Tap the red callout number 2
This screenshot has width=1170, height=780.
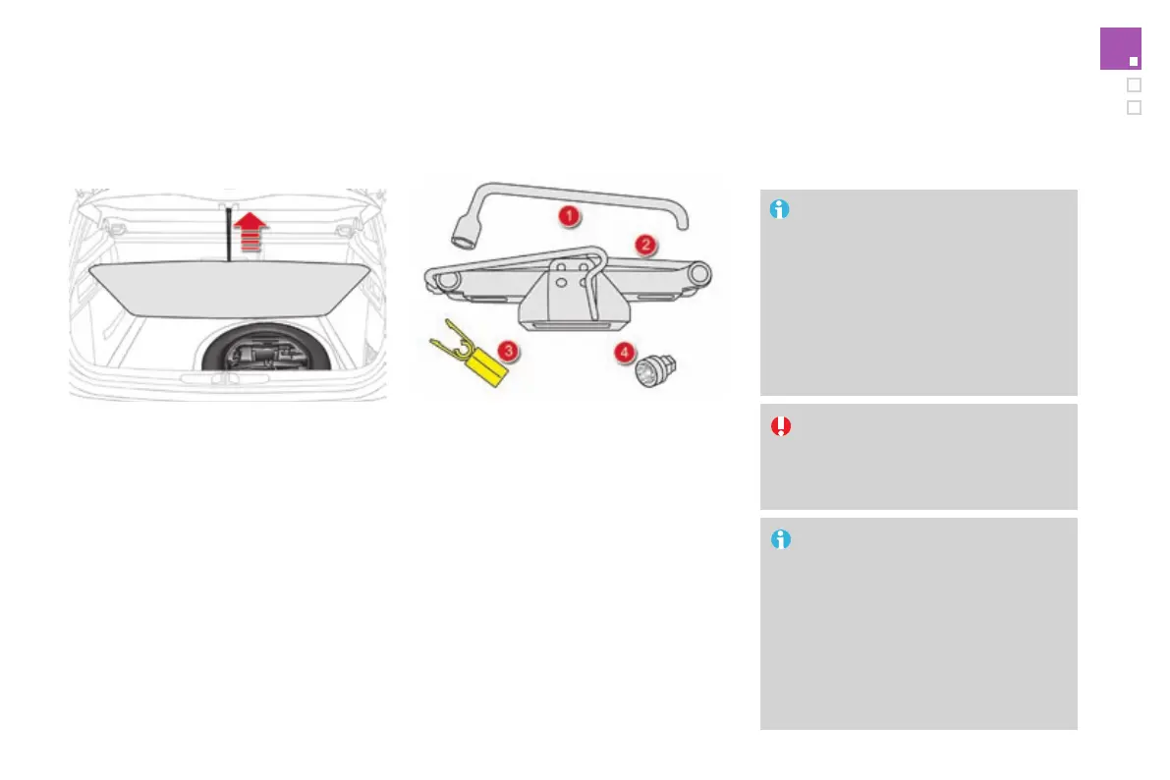(x=644, y=245)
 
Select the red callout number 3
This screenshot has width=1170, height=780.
(x=507, y=350)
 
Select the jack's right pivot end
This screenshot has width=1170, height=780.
(x=700, y=272)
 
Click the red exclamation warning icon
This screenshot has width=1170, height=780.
(x=780, y=426)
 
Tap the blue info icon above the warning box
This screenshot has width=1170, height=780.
(x=780, y=209)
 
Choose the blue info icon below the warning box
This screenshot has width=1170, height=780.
(x=780, y=540)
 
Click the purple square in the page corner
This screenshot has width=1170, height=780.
(x=1120, y=49)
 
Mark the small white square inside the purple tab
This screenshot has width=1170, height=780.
(x=1133, y=61)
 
